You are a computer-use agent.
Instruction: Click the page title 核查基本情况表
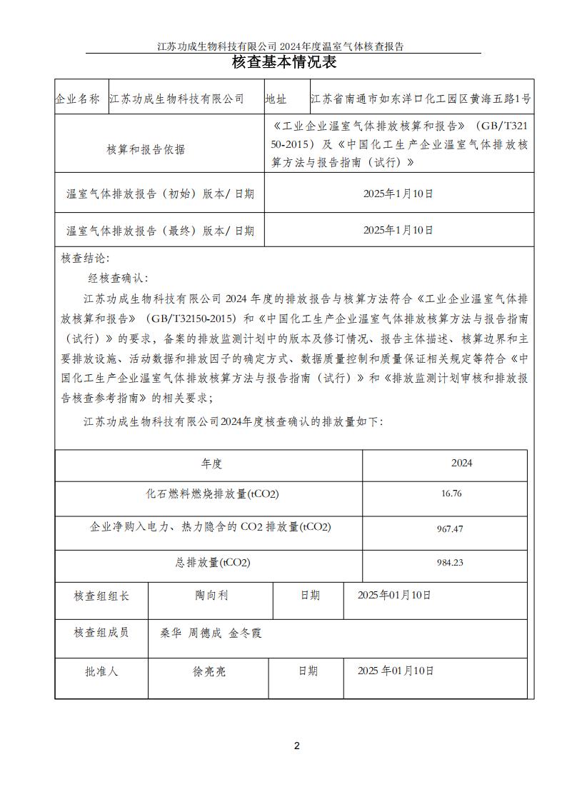click(x=283, y=62)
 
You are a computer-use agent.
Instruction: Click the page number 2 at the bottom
click(x=297, y=746)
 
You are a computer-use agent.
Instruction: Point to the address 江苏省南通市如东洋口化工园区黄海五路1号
click(x=421, y=99)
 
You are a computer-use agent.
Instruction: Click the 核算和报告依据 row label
click(x=146, y=150)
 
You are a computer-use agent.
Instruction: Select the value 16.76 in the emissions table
click(x=451, y=493)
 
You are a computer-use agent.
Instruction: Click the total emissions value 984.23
click(x=450, y=563)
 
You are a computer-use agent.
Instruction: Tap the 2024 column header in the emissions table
click(x=461, y=463)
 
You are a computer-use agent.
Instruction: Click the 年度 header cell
click(x=211, y=463)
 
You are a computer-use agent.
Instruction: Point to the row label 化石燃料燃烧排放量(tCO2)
click(x=212, y=493)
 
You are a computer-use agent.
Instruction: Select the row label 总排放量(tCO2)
click(x=212, y=563)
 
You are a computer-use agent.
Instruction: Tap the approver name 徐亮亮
click(x=209, y=671)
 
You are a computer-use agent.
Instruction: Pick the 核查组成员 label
click(x=102, y=632)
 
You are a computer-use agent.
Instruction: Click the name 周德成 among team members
click(x=204, y=633)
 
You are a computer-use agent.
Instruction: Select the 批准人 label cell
click(x=101, y=671)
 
